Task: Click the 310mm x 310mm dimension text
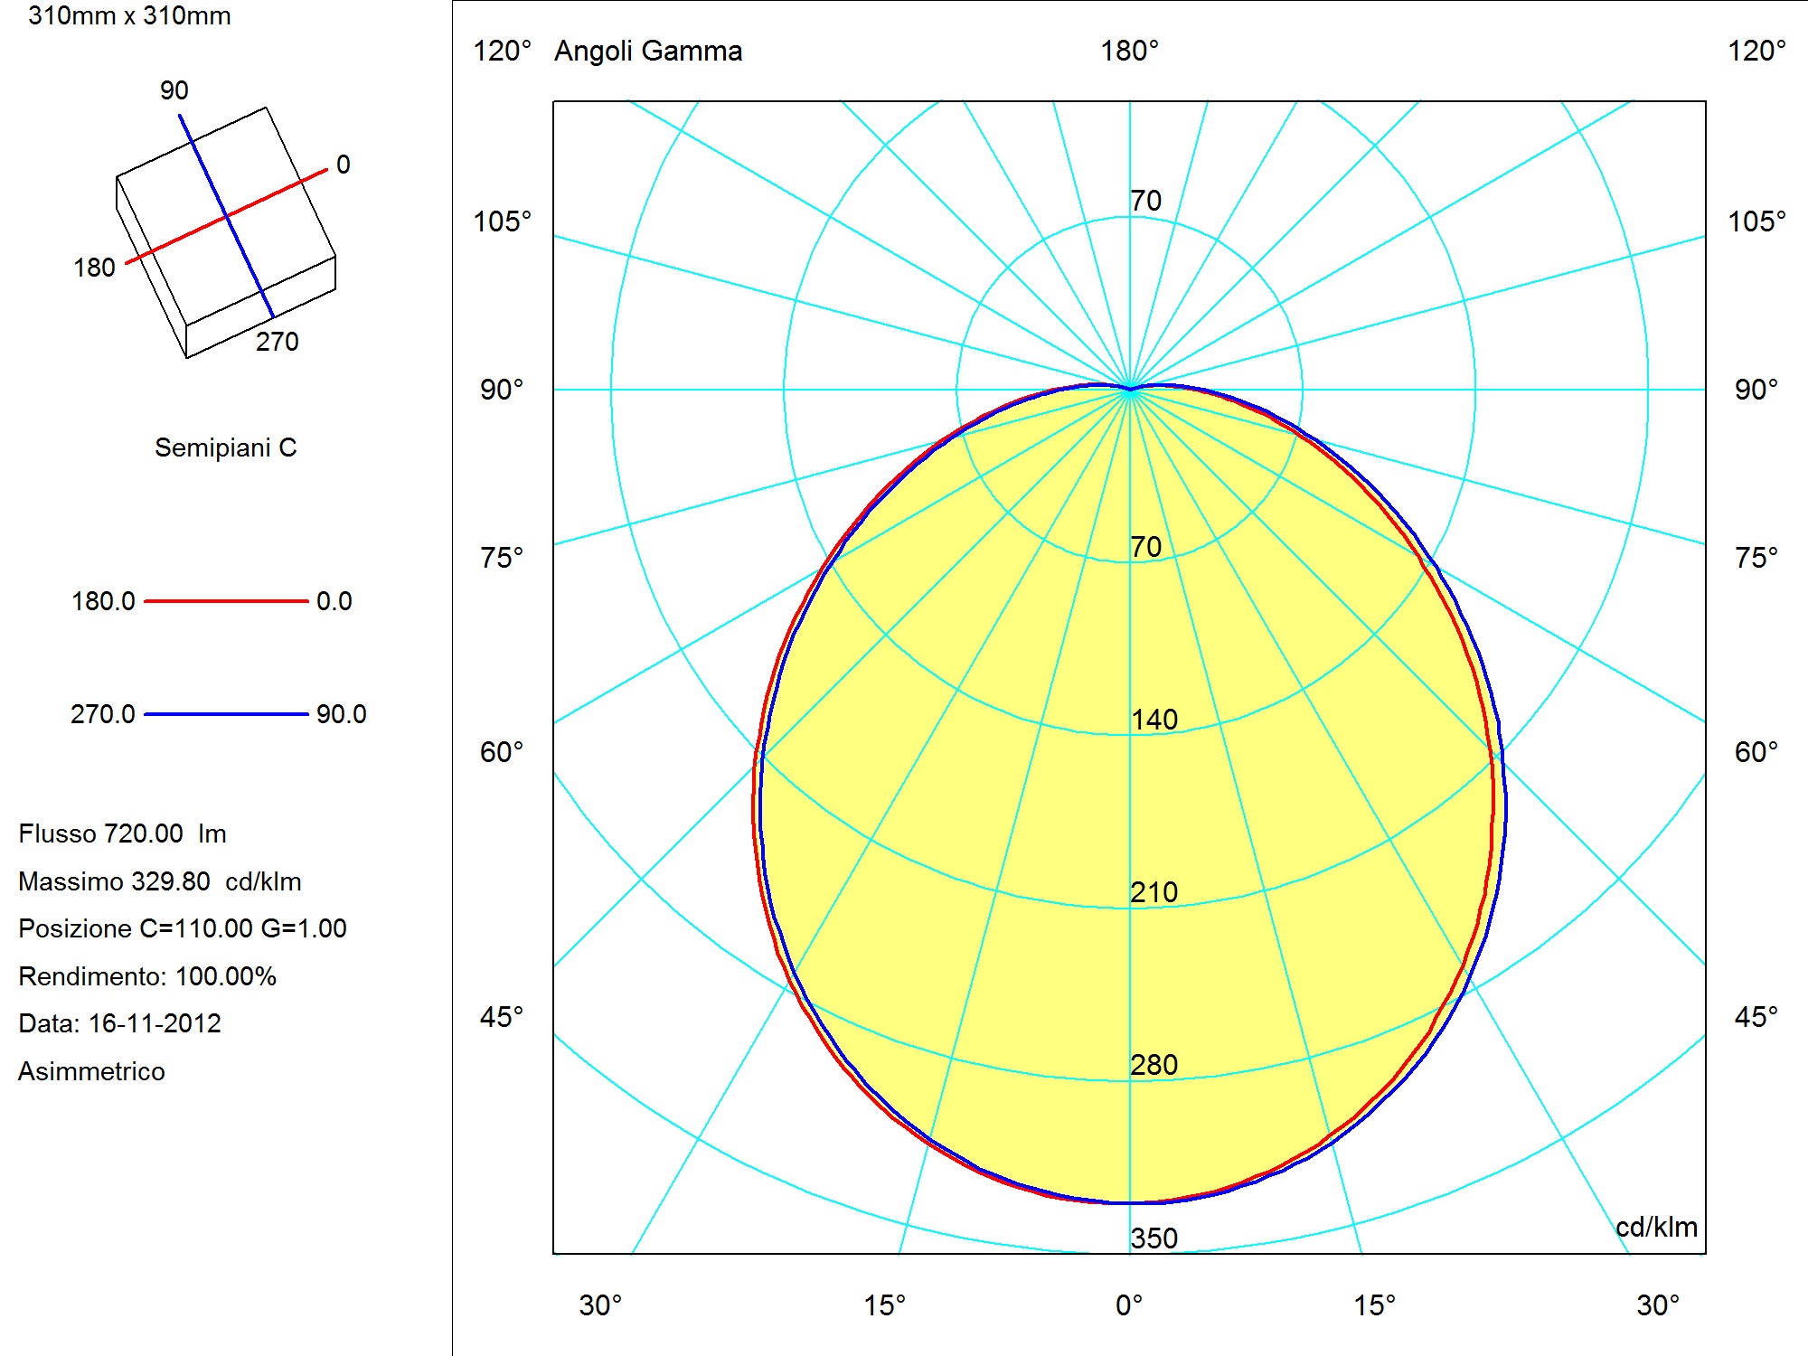(129, 16)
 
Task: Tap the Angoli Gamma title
(648, 51)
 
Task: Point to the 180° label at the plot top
(1129, 51)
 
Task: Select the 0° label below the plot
(1129, 1305)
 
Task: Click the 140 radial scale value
(1154, 720)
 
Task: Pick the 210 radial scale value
(1154, 892)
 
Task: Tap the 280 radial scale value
(1154, 1065)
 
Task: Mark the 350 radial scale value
(1154, 1238)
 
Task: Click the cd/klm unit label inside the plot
(1656, 1227)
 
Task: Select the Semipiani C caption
(226, 447)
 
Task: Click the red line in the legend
(226, 600)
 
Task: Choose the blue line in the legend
(226, 714)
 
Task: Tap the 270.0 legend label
(103, 714)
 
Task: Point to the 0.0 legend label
(334, 601)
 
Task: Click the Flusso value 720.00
(144, 833)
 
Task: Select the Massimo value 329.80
(171, 881)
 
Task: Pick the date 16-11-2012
(155, 1023)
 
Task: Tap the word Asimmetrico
(91, 1071)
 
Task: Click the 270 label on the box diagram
(278, 342)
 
